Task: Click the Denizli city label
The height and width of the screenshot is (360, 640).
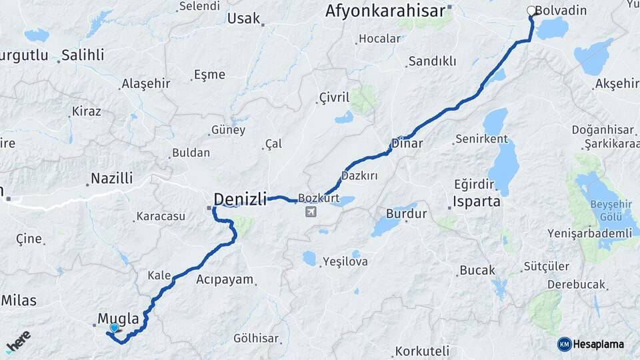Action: pos(240,199)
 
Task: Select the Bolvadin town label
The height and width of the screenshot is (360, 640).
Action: pos(561,11)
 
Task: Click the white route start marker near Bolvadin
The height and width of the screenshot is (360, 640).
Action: pos(531,11)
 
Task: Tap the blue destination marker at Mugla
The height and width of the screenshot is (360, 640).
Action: pos(115,328)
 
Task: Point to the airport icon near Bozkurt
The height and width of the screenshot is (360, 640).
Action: pos(310,212)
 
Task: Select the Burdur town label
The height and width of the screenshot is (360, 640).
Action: pos(406,214)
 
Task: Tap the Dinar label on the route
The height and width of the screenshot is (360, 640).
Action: pos(407,143)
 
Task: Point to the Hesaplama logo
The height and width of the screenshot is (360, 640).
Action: pos(591,344)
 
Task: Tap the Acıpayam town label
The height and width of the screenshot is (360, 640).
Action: pos(225,279)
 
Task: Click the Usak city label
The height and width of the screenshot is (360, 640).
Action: pos(243,18)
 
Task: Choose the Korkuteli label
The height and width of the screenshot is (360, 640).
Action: pos(422,351)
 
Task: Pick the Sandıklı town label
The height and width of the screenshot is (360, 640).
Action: pos(432,61)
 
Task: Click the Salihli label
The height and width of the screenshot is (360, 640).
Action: pos(83,55)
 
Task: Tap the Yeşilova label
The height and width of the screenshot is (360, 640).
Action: pos(345,261)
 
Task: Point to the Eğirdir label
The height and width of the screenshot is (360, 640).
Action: pos(473,184)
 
